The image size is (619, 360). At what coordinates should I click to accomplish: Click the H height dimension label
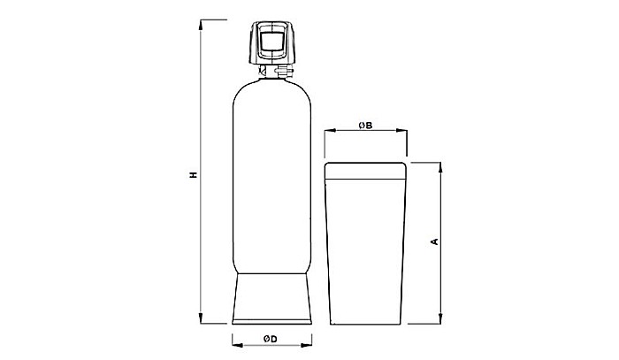pos(192,174)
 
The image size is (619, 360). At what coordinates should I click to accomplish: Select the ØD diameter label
pos(271,339)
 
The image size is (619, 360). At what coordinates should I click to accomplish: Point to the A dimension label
pos(432,241)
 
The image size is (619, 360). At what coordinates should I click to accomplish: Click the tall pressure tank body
pos(271,177)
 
